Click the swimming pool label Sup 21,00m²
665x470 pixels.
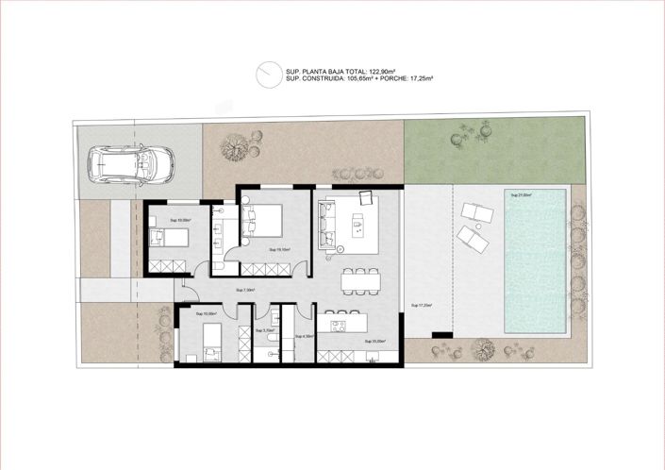coord(521,195)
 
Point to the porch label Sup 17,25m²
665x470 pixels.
coord(422,305)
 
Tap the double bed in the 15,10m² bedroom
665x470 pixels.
coord(263,221)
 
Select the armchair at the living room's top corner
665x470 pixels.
coord(365,197)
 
